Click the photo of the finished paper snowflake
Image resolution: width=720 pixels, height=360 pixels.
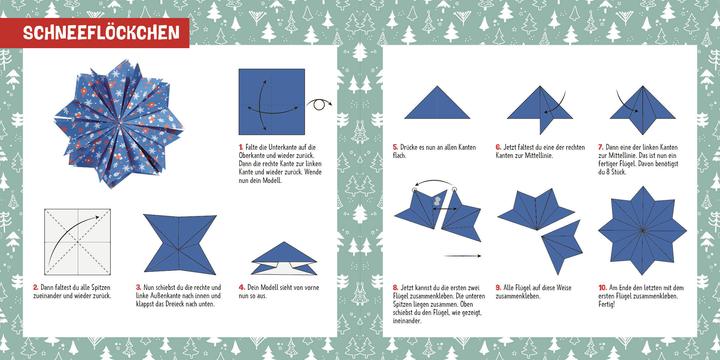click(123, 121)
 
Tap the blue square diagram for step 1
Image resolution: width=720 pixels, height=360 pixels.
click(270, 101)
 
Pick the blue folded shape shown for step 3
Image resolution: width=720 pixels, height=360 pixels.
click(178, 243)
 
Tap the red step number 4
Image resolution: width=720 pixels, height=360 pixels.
click(240, 287)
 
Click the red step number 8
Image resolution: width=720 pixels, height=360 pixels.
click(395, 287)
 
